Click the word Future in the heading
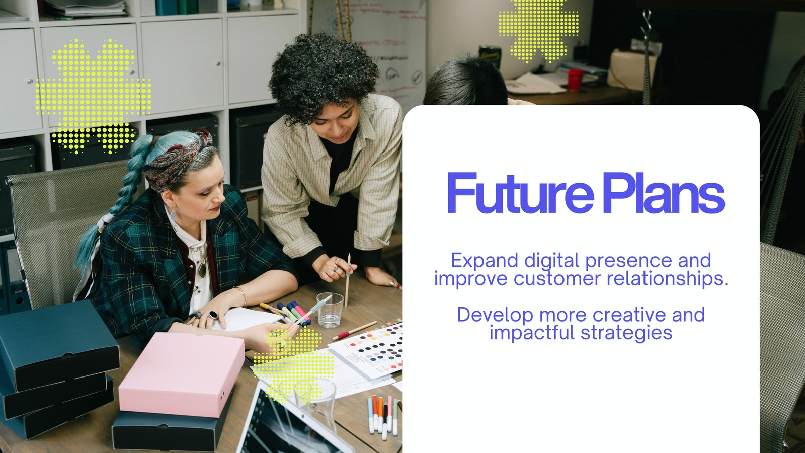(520, 193)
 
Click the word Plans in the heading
(664, 193)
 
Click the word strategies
(626, 333)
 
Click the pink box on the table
(182, 374)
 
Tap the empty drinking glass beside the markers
(330, 310)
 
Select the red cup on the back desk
(575, 80)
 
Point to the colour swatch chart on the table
(370, 349)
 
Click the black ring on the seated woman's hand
(213, 315)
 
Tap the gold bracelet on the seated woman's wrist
(242, 295)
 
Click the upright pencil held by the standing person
(348, 280)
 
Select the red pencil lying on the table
(354, 330)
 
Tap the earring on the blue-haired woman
(173, 216)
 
